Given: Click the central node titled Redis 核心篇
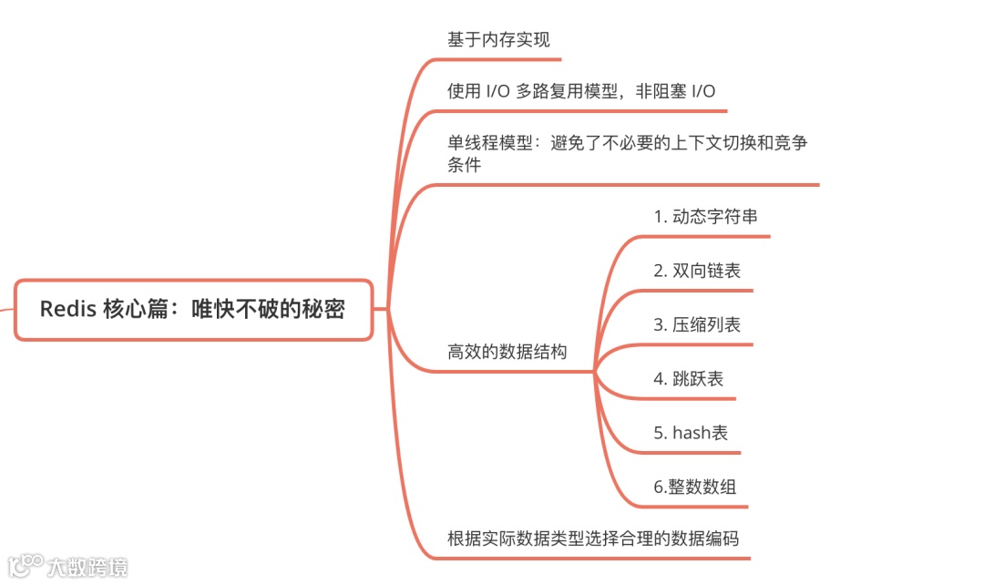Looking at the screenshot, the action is point(193,310).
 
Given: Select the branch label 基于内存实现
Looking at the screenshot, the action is point(498,40).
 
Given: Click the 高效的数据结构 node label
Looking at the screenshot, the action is point(507,352).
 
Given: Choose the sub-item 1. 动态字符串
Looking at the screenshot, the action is point(705,217).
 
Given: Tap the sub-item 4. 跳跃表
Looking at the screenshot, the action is point(688,378).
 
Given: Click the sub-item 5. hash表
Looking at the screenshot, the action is point(691,433).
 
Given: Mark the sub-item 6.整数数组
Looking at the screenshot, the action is point(694,487).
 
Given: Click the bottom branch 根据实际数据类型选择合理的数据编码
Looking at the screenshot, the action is point(593,538).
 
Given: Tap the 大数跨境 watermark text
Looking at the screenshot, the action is point(87,566).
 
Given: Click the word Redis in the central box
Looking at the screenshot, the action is point(68,310).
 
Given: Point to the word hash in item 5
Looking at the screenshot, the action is point(691,433).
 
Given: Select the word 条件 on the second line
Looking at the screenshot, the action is point(464,165).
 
